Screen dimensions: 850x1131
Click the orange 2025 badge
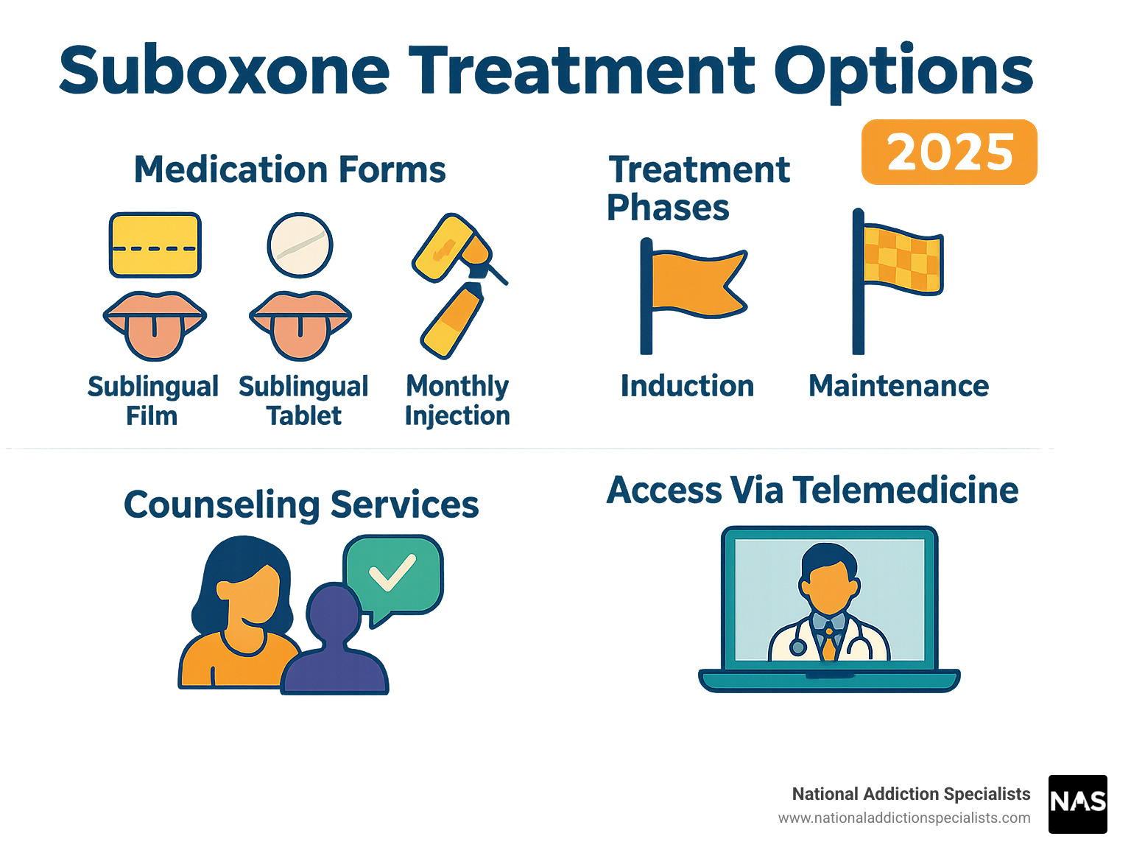949,152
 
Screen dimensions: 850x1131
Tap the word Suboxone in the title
225,71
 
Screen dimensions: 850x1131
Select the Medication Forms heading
290,169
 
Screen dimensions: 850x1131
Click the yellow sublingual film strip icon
155,245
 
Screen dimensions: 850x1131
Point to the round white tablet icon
300,245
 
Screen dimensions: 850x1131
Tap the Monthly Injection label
457,401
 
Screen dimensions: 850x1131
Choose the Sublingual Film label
152,401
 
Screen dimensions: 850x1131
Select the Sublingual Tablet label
303,401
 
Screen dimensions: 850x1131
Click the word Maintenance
898,386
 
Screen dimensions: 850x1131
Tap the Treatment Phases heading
698,189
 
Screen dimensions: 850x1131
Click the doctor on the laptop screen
829,604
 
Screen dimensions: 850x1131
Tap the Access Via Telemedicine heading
812,491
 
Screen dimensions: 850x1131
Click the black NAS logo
1077,804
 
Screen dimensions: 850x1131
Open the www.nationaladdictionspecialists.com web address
904,818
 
